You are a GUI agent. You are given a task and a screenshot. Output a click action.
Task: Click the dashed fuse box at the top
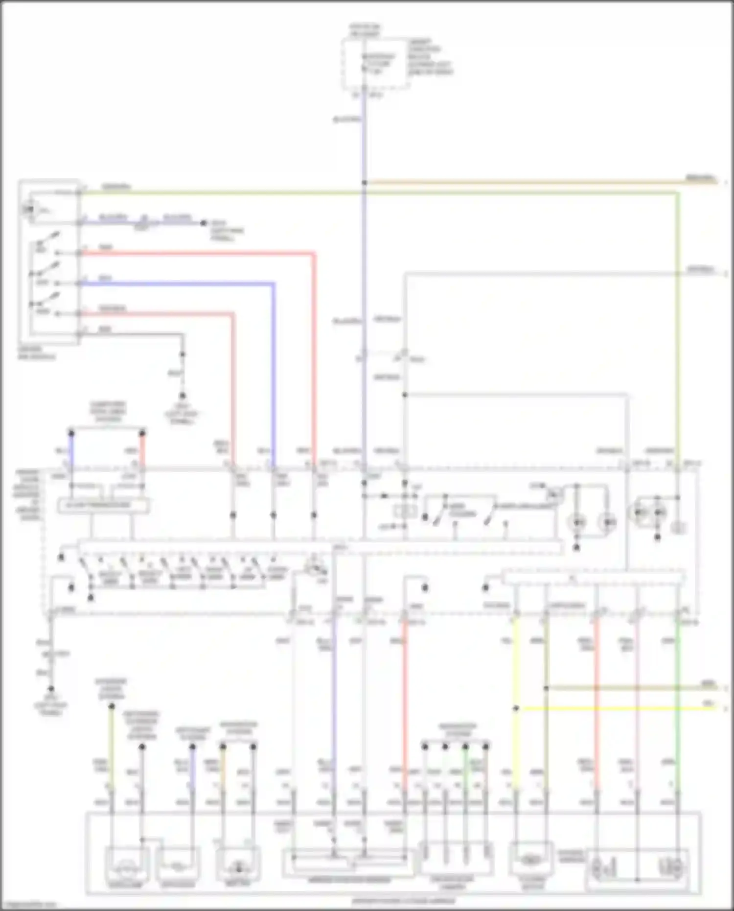coord(376,64)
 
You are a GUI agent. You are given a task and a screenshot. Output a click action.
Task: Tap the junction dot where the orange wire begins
coord(364,183)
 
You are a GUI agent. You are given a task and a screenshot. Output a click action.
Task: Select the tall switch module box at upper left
coord(49,262)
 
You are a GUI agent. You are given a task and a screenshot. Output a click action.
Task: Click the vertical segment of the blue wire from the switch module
coord(273,372)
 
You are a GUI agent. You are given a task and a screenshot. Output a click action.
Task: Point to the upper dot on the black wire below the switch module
coord(183,354)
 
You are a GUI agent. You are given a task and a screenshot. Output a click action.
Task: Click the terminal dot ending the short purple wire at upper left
coord(203,223)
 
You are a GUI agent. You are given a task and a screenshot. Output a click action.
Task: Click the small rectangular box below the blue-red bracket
coord(103,506)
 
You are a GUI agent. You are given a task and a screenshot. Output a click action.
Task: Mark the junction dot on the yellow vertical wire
coord(516,708)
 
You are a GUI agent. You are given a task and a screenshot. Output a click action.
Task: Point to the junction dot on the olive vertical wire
coord(546,688)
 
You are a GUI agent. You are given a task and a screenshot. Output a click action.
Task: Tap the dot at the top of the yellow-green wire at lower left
coord(112,706)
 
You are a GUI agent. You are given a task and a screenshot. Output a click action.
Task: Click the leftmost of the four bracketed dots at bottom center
coord(425,747)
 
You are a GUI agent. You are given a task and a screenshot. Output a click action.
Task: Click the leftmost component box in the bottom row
coord(127,866)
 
